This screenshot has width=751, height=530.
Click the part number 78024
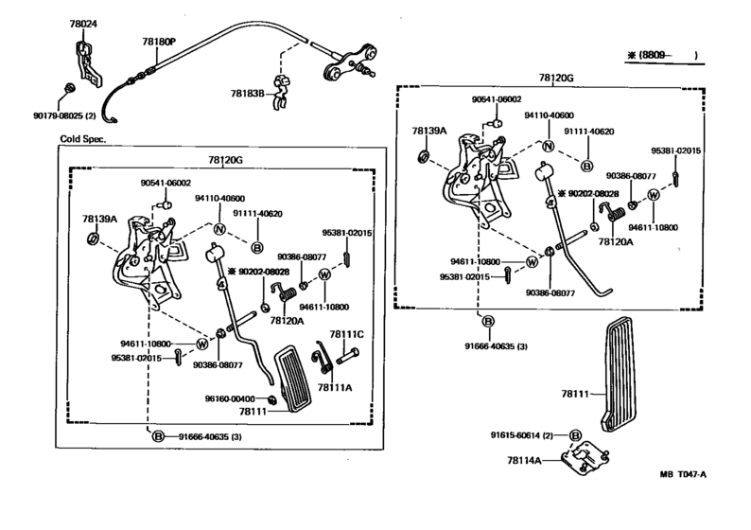point(83,24)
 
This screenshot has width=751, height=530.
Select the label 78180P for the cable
point(159,42)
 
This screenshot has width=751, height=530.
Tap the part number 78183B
point(247,93)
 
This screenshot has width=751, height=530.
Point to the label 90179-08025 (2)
point(64,116)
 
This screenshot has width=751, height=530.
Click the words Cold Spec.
point(83,139)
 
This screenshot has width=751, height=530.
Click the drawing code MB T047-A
point(683,474)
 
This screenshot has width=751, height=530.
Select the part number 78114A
point(524,461)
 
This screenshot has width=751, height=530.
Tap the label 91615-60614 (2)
point(521,435)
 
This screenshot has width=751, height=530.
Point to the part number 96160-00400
point(230,398)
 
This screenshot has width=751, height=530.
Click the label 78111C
point(346,334)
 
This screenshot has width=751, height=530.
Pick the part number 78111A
point(334,387)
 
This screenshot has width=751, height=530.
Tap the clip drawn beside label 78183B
point(281,92)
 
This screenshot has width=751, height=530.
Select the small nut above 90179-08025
point(69,89)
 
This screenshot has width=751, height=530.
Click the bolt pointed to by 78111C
point(348,357)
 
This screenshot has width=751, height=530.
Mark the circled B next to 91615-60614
point(575,435)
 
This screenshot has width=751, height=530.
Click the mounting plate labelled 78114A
point(585,459)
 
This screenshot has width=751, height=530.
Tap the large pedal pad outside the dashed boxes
point(617,375)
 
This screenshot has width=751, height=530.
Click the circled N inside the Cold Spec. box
point(219,230)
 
